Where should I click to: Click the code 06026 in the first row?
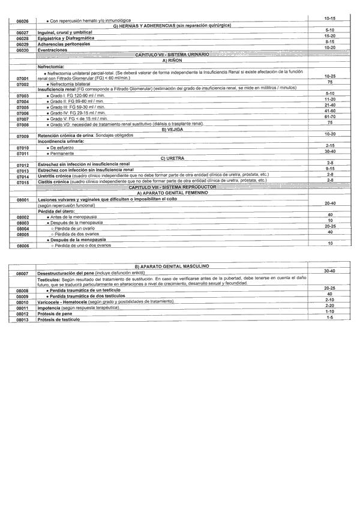point(23,20)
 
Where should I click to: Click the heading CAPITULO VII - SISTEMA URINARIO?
point(172,54)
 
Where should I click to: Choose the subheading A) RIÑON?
point(172,60)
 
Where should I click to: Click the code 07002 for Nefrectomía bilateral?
point(23,84)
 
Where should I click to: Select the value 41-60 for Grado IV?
point(329,110)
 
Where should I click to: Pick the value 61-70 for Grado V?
point(329,116)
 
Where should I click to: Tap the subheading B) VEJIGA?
point(172,128)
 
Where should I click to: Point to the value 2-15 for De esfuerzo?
point(329,146)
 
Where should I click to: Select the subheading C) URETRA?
point(172,158)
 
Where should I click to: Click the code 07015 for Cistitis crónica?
point(23,181)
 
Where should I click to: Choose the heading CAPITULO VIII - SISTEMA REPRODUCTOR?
point(172,187)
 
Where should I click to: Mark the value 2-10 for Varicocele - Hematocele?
point(329,299)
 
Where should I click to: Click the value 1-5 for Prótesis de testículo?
point(329,318)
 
